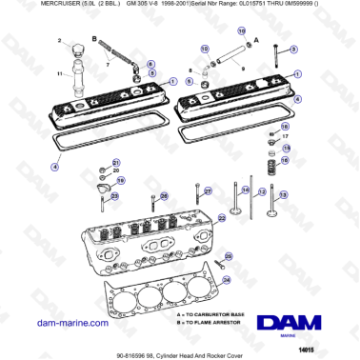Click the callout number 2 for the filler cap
pos(59,41)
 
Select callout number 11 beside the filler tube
pos(60,72)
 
